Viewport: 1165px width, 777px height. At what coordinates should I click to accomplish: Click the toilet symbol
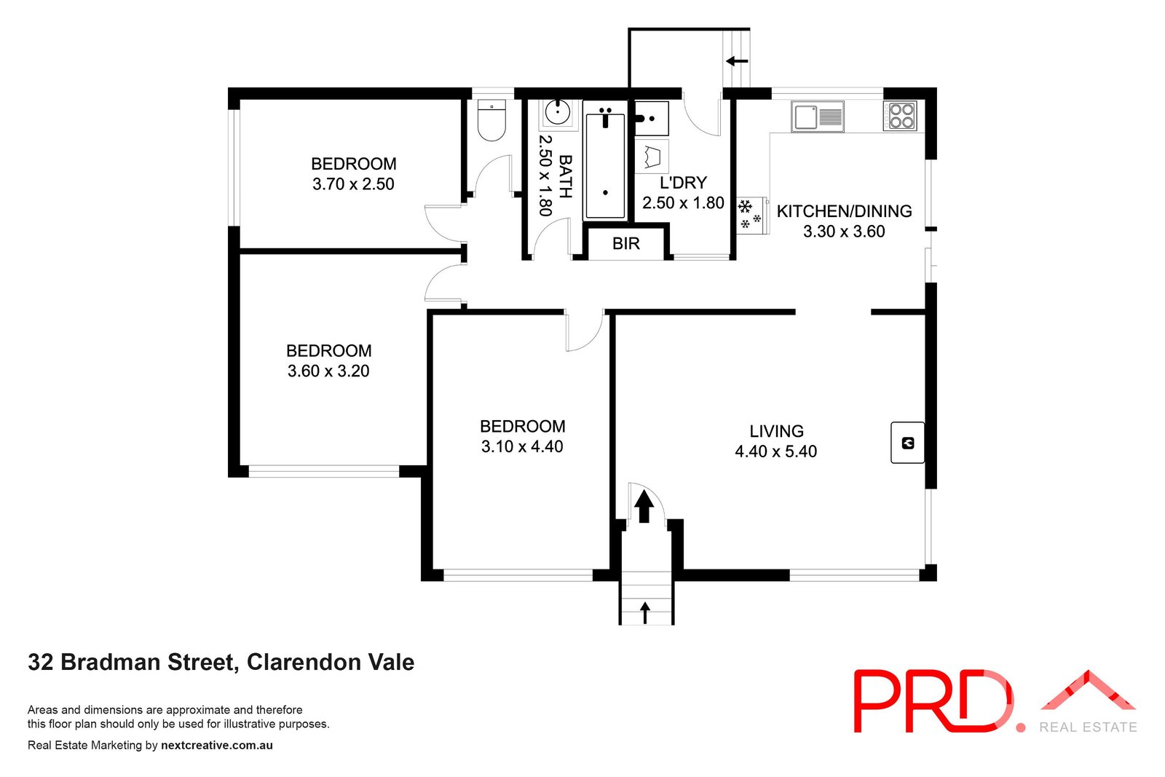pyautogui.click(x=491, y=120)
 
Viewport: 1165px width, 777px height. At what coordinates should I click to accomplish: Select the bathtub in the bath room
pyautogui.click(x=605, y=164)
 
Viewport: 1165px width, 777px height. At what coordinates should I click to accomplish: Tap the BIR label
pyautogui.click(x=626, y=244)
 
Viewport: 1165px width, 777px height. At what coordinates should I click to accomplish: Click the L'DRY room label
pyautogui.click(x=683, y=183)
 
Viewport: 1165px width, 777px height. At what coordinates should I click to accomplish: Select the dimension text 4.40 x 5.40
pyautogui.click(x=775, y=451)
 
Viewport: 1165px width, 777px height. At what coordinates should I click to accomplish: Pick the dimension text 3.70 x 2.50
pyautogui.click(x=353, y=184)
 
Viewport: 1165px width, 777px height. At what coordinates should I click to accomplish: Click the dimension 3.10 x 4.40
pyautogui.click(x=522, y=446)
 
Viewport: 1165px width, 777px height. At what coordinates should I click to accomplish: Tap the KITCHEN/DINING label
pyautogui.click(x=844, y=211)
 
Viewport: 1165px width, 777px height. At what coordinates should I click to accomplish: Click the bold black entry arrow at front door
pyautogui.click(x=644, y=506)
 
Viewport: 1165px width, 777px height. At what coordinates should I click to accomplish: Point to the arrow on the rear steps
pyautogui.click(x=737, y=61)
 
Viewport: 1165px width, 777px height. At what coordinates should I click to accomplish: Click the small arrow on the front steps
pyautogui.click(x=645, y=612)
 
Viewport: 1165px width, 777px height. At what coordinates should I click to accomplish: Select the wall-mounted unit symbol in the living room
pyautogui.click(x=907, y=442)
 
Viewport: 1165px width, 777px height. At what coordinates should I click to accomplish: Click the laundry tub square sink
pyautogui.click(x=652, y=119)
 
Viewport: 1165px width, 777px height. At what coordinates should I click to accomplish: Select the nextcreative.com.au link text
pyautogui.click(x=217, y=745)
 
